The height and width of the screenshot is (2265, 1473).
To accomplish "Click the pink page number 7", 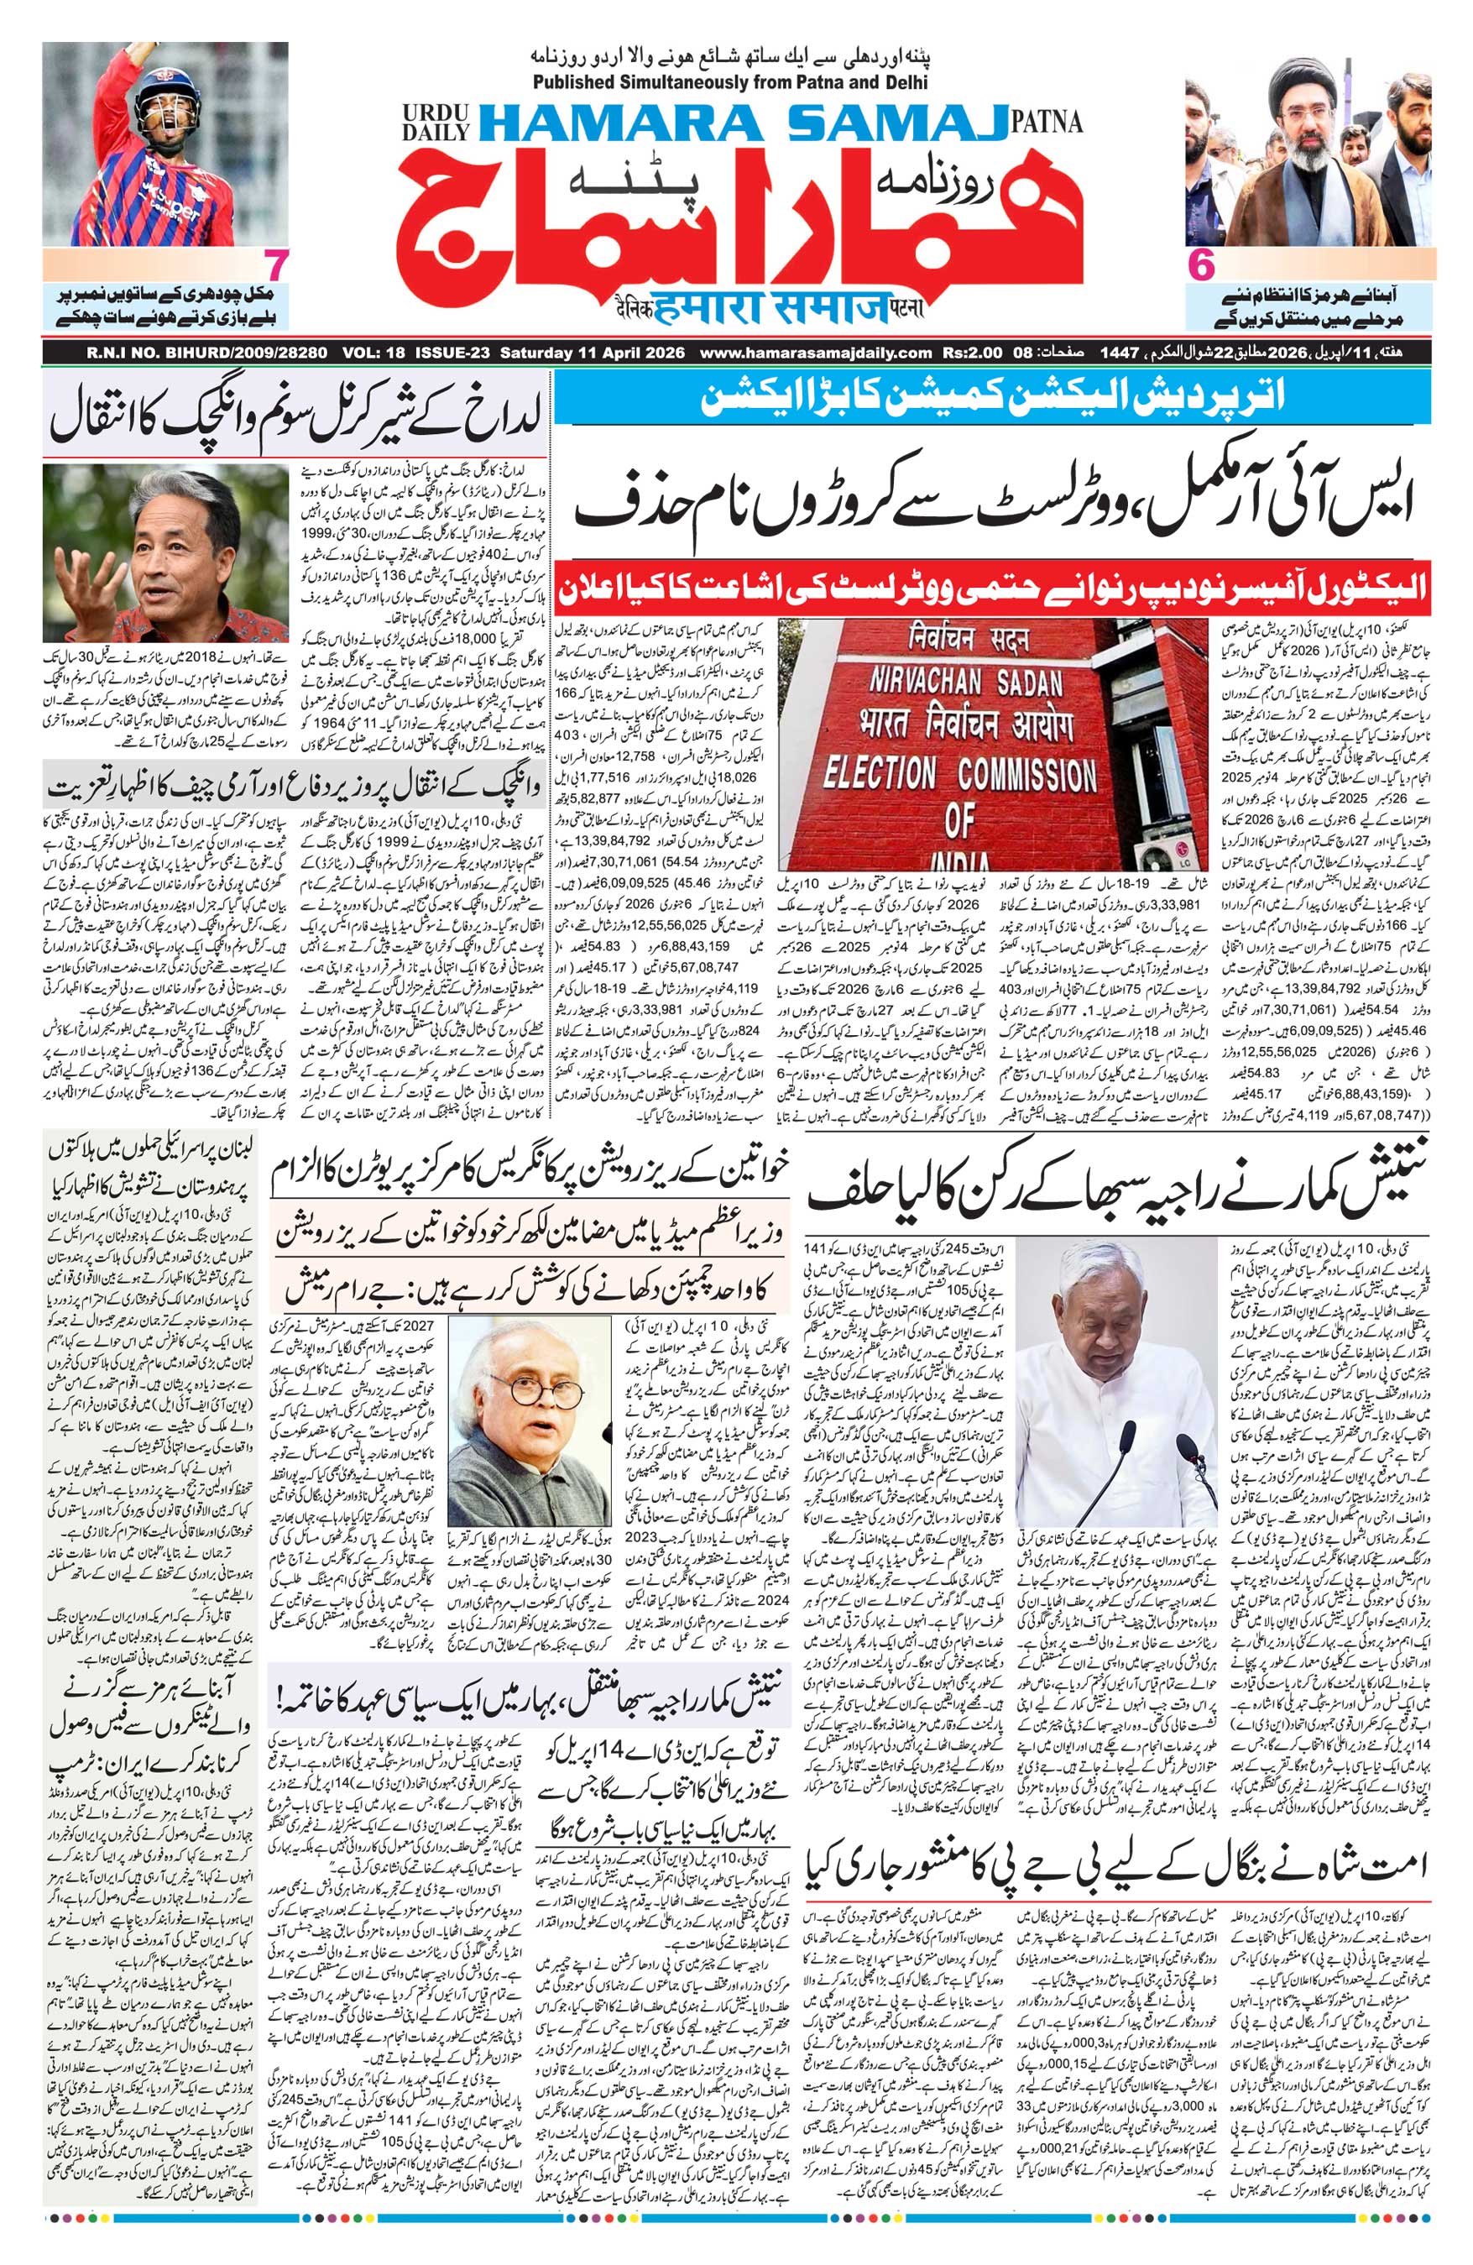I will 276,265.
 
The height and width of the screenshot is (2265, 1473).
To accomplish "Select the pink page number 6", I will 1202,265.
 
